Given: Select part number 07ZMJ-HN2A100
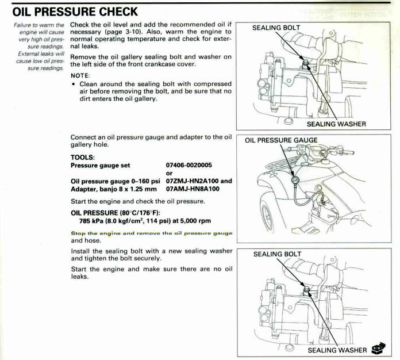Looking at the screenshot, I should tap(193, 181).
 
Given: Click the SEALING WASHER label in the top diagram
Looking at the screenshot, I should tap(336, 123).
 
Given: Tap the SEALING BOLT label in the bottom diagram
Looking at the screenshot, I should tap(277, 254).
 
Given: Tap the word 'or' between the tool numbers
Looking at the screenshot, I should tap(169, 173).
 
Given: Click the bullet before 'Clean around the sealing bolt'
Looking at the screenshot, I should tap(74, 84).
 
